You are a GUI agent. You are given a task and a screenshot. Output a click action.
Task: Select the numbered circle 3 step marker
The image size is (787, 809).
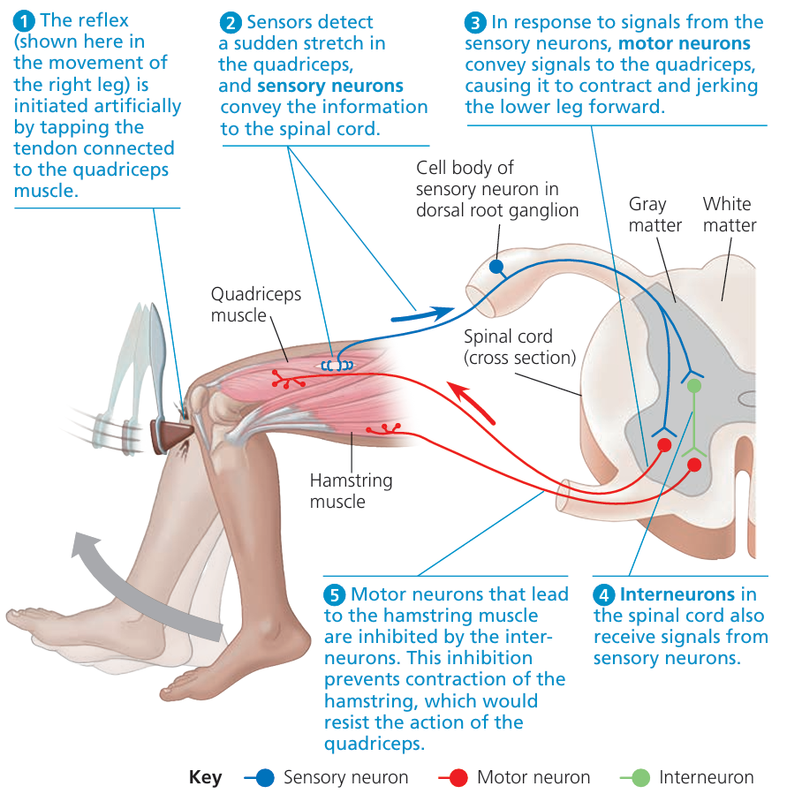coord(475,21)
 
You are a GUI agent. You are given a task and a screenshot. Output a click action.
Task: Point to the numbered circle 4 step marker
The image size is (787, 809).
coord(604,594)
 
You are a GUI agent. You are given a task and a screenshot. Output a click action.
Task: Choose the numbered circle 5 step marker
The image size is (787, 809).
coord(334,594)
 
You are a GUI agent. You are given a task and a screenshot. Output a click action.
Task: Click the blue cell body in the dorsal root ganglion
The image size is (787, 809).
coord(496,265)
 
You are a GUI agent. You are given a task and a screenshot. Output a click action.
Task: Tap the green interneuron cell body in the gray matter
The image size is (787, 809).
coord(694,386)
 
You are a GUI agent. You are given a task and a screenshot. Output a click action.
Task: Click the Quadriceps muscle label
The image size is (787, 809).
coord(255,304)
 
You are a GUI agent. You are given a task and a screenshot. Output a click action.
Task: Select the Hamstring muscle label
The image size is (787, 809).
coord(351,491)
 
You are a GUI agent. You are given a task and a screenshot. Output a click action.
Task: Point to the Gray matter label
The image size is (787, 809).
coord(655,214)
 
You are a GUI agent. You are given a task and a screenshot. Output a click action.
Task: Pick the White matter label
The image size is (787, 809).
coord(729,214)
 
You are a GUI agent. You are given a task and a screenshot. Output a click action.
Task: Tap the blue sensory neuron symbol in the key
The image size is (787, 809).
coord(262,778)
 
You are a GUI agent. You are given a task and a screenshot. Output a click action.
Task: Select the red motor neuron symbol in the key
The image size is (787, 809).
coord(457,778)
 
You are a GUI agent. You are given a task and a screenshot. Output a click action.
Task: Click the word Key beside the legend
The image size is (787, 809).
coord(206,778)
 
